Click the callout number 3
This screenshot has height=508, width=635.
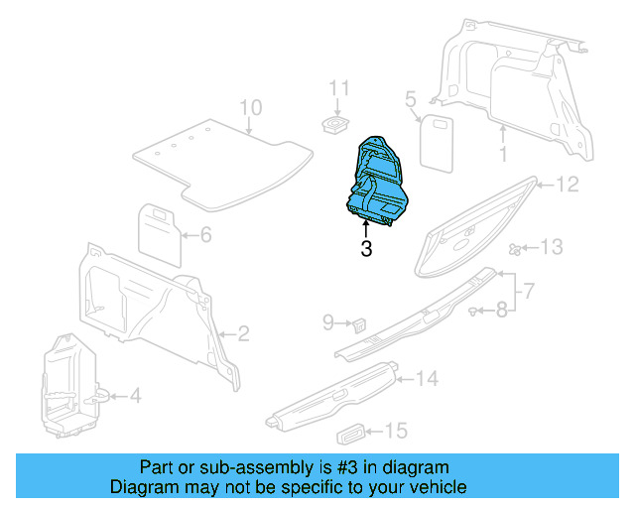[x=366, y=250]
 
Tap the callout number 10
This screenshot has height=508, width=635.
[x=250, y=107]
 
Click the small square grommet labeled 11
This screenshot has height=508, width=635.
[x=337, y=123]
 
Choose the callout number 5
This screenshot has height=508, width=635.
[x=409, y=98]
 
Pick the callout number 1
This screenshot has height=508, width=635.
[x=502, y=154]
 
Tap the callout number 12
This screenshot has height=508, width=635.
[x=567, y=185]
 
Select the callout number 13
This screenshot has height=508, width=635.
[x=552, y=246]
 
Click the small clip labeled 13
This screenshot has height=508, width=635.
[x=515, y=248]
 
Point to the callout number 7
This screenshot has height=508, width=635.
[x=530, y=292]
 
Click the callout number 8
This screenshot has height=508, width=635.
[x=502, y=311]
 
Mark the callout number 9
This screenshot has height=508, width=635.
[x=328, y=321]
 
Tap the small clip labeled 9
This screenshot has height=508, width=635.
[x=359, y=322]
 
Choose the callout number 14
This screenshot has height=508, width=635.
[x=427, y=378]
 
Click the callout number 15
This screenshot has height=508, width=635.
[x=396, y=431]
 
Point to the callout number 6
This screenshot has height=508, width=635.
[x=206, y=236]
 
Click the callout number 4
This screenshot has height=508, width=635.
[x=135, y=396]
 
